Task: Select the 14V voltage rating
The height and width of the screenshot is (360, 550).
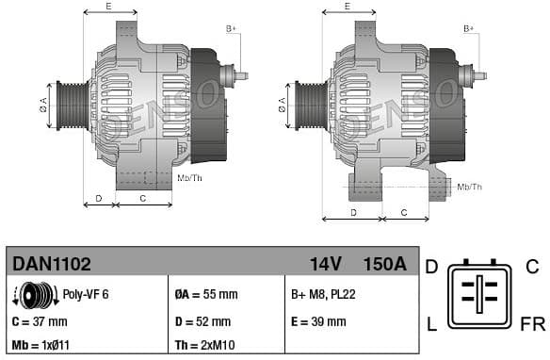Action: pos(326,264)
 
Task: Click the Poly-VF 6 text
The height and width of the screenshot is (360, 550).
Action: pos(86,295)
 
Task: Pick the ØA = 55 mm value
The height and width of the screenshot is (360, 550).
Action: pos(205,295)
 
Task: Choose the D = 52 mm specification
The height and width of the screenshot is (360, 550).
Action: pos(203,321)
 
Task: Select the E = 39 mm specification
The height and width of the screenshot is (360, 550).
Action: pos(318,321)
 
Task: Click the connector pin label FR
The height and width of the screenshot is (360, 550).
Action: pos(532,325)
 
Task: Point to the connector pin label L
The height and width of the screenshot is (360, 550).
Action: pos(431,325)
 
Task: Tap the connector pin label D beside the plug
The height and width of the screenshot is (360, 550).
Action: pos(431,267)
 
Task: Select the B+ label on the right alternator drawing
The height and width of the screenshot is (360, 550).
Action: pos(468,29)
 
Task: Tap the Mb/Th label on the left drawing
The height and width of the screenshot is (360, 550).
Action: pos(189,177)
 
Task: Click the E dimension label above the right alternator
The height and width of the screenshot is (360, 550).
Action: pos(348,7)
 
